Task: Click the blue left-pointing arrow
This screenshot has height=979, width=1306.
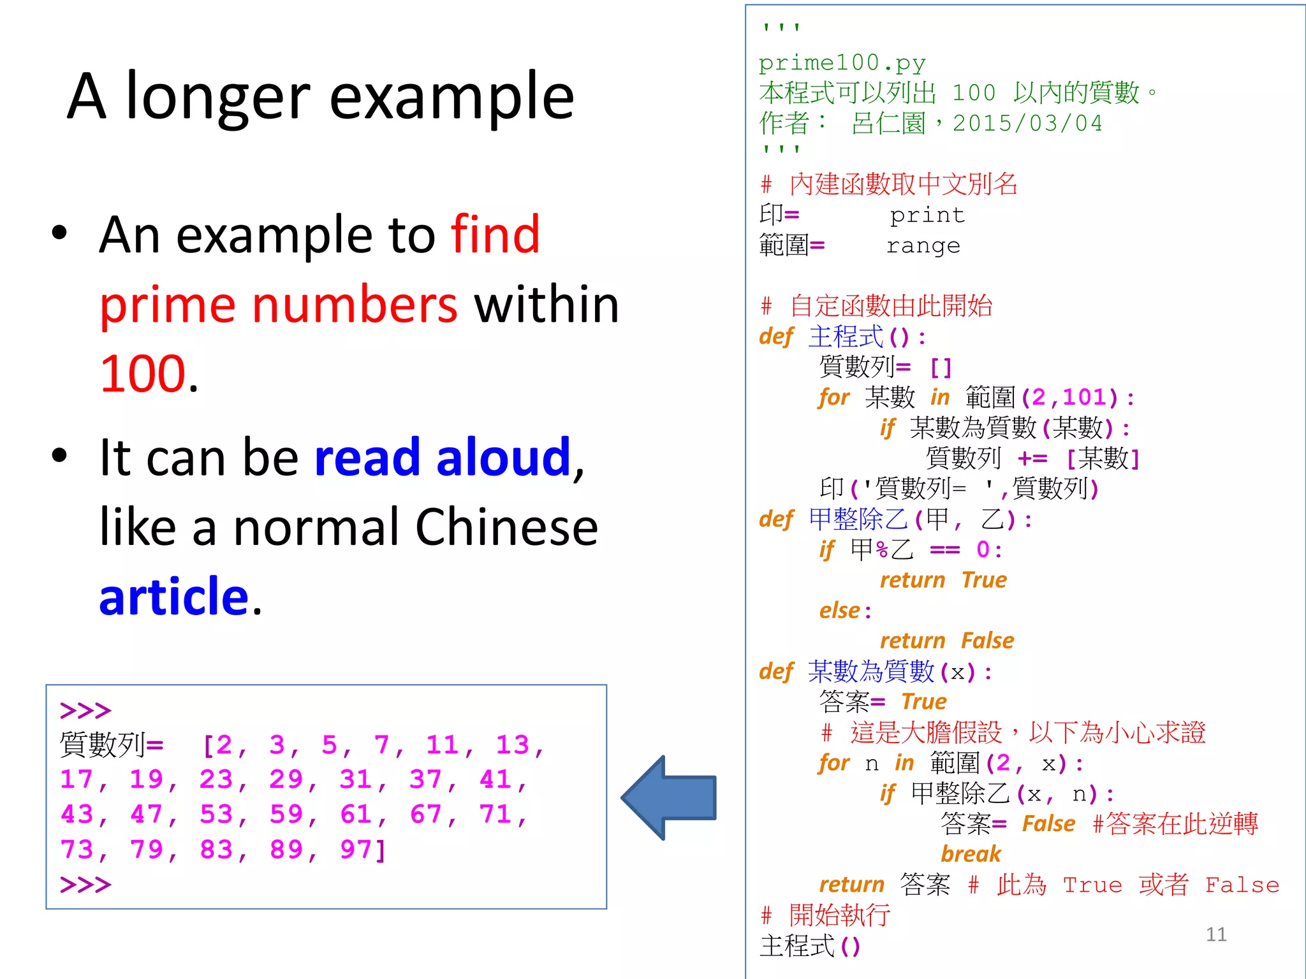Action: click(x=670, y=797)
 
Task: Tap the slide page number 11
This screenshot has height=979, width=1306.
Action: click(x=1216, y=934)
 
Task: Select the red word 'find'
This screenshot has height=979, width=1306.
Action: click(x=495, y=235)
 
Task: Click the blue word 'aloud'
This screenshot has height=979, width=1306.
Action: click(x=504, y=458)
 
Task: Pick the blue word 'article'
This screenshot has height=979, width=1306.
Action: click(x=173, y=597)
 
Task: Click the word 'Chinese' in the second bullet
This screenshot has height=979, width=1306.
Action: click(x=506, y=527)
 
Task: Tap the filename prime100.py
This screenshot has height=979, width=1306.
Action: click(x=842, y=62)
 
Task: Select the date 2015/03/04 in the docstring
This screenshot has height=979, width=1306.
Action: click(x=1027, y=123)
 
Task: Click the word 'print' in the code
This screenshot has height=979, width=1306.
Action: click(x=927, y=215)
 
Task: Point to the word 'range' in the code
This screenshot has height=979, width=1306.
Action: click(x=923, y=246)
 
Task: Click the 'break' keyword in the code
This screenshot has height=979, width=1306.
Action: click(x=971, y=854)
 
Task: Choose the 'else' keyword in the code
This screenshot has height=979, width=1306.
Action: click(x=840, y=611)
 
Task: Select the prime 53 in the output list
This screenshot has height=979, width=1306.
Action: click(x=216, y=815)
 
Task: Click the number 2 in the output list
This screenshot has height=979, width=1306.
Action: click(x=224, y=745)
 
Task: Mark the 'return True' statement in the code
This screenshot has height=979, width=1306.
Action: click(x=943, y=580)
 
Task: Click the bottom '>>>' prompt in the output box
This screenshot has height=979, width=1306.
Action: click(x=85, y=885)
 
